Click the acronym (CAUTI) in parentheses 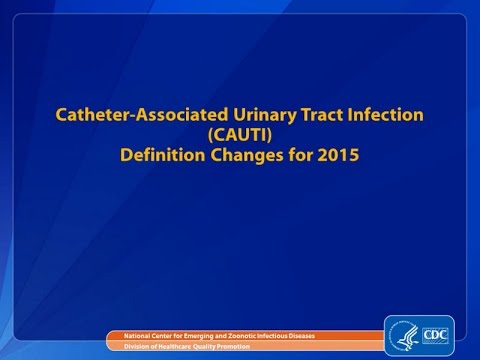[239, 136]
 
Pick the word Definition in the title [170, 155]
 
